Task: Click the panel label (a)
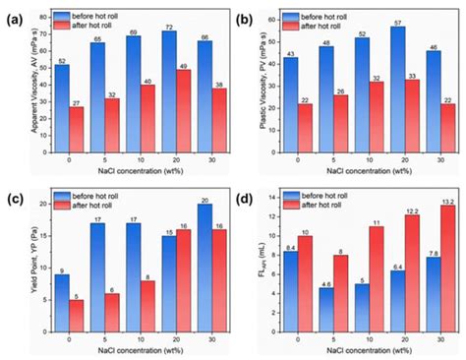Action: [x=15, y=13]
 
